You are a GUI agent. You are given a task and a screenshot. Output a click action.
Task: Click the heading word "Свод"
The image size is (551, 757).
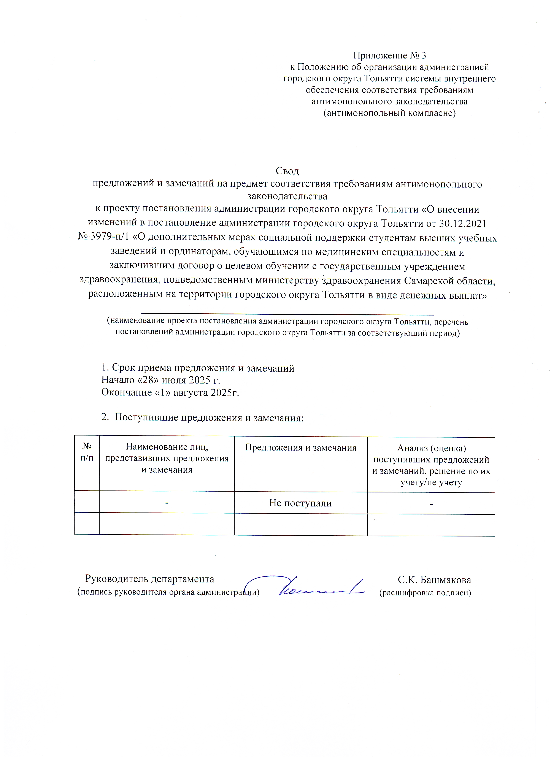pos(287,171)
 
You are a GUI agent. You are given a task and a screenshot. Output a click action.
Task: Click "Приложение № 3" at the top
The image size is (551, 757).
pos(390,55)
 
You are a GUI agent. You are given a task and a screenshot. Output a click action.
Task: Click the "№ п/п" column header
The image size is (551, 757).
pos(87,452)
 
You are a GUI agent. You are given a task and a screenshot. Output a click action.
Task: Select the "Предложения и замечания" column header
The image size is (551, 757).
pos(300,448)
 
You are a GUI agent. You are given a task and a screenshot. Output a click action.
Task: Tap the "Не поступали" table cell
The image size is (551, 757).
pos(300,503)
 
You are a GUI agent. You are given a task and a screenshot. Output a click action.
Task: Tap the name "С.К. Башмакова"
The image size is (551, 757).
pos(434,580)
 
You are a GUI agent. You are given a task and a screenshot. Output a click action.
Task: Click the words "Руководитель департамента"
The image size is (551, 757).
pos(150,579)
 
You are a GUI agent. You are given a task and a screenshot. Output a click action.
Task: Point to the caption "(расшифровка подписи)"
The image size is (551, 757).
pos(425,593)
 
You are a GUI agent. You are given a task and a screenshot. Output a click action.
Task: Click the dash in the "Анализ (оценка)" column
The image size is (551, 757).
pos(431,504)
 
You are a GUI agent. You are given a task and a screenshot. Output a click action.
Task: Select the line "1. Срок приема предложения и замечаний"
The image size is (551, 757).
pos(198,368)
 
